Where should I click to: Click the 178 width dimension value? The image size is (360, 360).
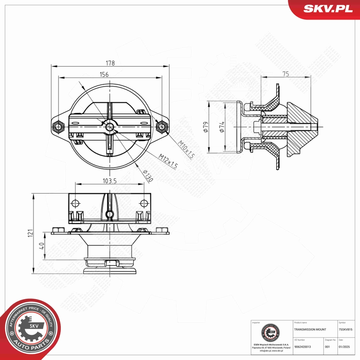click(x=110, y=63)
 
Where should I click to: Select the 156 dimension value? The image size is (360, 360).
click(x=104, y=74)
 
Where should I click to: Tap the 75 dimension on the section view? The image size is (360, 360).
click(x=286, y=74)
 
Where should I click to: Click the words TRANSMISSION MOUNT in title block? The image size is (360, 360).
click(x=310, y=330)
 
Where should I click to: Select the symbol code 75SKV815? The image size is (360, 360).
click(x=346, y=330)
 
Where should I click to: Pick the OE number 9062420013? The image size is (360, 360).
click(x=303, y=347)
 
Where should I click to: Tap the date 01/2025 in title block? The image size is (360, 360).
click(x=343, y=347)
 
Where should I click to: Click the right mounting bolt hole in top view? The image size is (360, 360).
click(x=162, y=127)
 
